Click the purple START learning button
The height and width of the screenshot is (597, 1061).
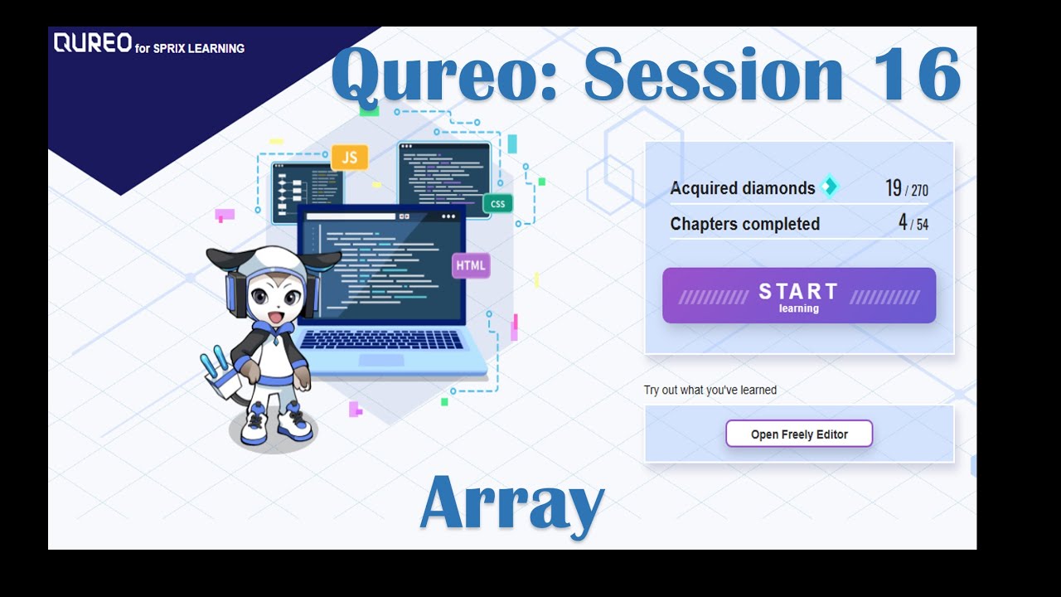(x=799, y=296)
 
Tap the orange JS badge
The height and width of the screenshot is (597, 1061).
(x=349, y=158)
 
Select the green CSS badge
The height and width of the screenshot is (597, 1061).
(x=497, y=204)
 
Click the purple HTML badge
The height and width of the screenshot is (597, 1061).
(x=471, y=265)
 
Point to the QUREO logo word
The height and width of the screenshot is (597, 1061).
(x=92, y=43)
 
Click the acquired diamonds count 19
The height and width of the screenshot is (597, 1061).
(x=893, y=188)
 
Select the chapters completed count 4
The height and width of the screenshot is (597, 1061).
(x=903, y=223)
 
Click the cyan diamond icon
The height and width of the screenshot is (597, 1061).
(x=829, y=187)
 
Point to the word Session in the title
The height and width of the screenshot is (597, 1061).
(x=713, y=75)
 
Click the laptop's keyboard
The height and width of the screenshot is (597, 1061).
(x=381, y=340)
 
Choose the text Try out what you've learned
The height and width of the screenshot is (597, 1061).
(x=710, y=391)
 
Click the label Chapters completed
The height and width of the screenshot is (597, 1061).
(x=744, y=224)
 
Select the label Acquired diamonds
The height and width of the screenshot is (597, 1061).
(x=742, y=188)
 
